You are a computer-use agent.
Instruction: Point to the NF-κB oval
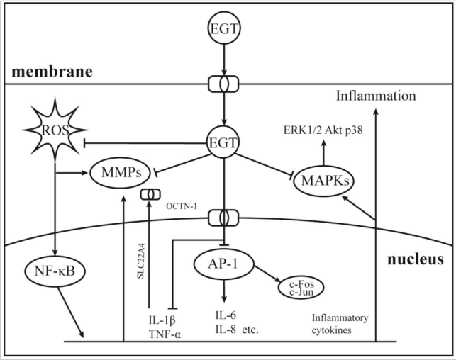(55, 270)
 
